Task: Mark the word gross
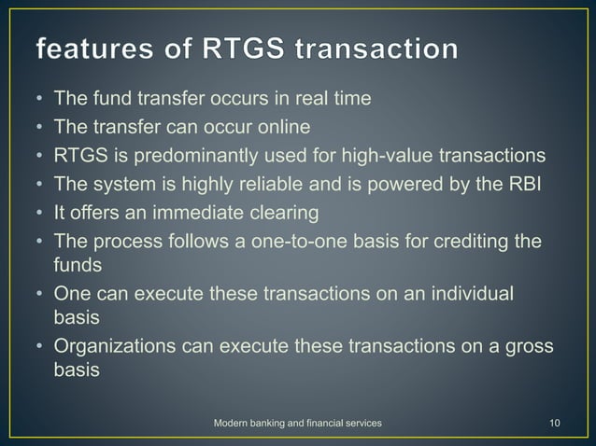(x=531, y=346)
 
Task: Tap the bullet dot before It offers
(x=39, y=213)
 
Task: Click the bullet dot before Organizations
(x=39, y=346)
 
